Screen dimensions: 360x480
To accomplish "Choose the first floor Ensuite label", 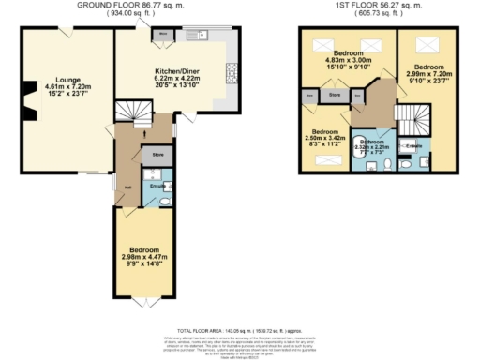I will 413,146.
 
